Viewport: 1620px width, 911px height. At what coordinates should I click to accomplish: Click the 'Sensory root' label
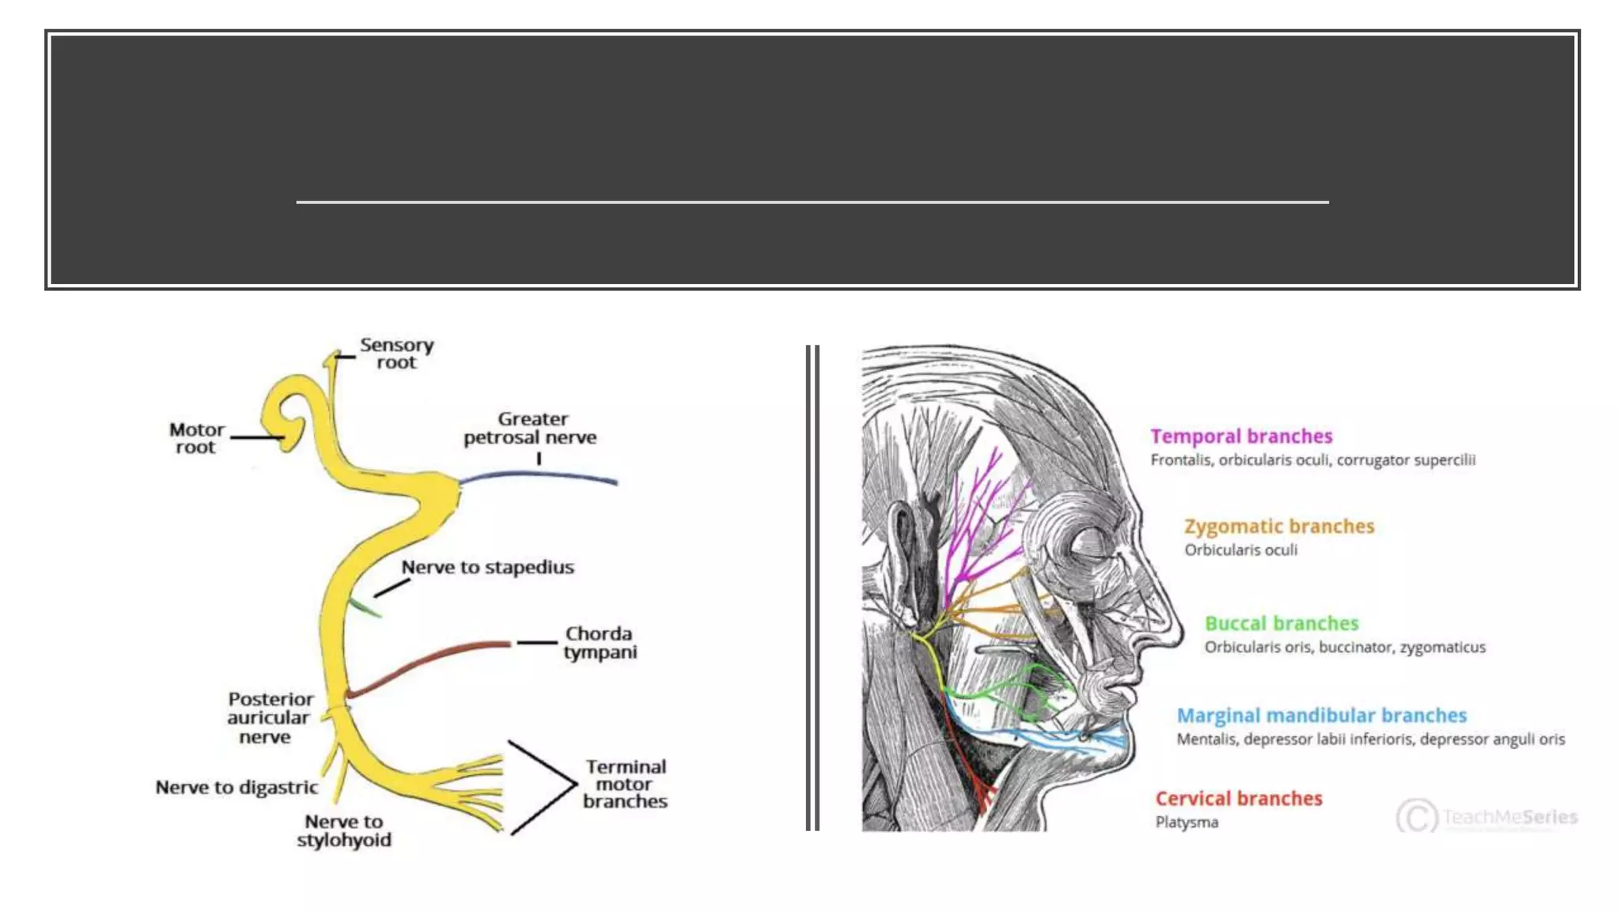(396, 354)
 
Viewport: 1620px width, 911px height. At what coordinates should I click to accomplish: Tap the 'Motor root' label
(196, 438)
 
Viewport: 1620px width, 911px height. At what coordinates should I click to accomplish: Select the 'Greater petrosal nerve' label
(531, 428)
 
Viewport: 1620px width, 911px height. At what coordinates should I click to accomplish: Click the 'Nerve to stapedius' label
(487, 567)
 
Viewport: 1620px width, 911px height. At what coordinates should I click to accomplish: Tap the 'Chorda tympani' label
(600, 643)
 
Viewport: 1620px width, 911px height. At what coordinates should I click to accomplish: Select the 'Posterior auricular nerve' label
(269, 718)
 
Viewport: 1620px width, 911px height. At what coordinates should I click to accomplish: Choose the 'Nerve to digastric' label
(237, 788)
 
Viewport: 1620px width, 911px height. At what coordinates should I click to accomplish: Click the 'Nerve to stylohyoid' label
(344, 831)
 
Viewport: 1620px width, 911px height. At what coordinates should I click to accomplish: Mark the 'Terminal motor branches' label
(625, 784)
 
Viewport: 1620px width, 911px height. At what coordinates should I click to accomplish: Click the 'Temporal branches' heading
(1241, 437)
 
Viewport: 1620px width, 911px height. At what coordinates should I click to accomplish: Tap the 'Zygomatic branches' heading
(1279, 527)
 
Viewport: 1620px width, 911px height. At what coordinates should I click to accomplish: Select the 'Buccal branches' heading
(1281, 624)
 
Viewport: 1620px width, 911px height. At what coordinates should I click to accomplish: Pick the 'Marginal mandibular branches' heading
(1322, 716)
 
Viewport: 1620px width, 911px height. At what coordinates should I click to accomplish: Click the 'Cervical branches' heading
(1239, 799)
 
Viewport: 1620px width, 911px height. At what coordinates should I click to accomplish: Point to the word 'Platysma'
(1187, 822)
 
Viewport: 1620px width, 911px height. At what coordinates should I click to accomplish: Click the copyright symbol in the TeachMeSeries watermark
(1416, 816)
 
